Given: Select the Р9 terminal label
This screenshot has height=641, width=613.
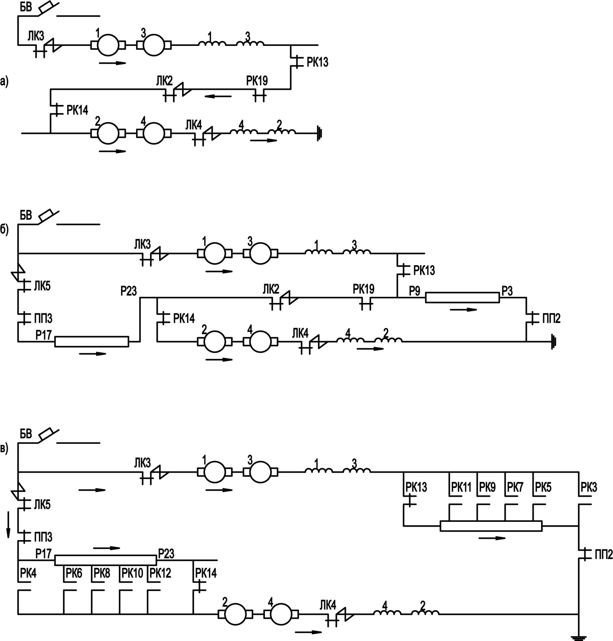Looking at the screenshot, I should pos(414,291).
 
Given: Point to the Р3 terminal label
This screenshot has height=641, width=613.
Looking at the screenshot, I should pos(507,291).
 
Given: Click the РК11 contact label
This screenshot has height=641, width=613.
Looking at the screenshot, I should pos(461,488).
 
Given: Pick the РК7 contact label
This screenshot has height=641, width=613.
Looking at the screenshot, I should pos(515,488).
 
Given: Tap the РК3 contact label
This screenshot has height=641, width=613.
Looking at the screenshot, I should pos(588,488).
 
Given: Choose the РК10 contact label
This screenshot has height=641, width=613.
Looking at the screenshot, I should pos(132,573).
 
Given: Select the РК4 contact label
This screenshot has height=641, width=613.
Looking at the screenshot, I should pos(28,573).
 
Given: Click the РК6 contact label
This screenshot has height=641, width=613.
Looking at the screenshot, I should pos(74,573).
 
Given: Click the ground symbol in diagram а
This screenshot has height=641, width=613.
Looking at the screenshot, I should pos(320,133).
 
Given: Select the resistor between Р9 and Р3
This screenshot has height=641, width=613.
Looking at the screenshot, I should pos(462,298).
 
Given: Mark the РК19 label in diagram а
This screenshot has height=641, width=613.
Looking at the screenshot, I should pos(257,81).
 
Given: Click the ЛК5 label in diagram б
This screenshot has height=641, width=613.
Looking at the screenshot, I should pos(42,286).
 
